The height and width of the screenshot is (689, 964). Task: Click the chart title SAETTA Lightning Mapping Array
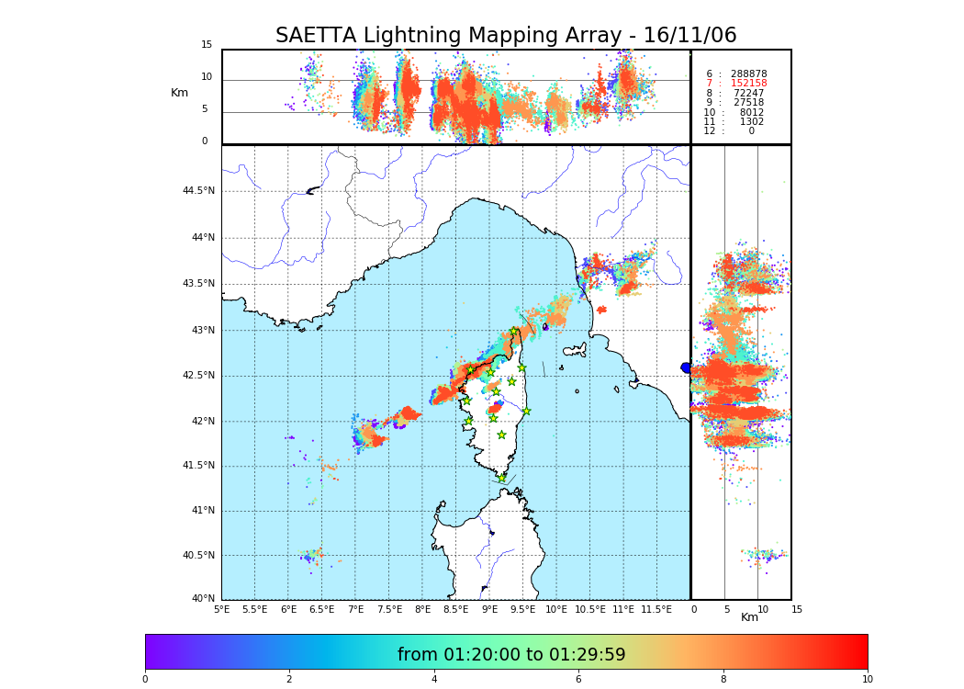pos(506,36)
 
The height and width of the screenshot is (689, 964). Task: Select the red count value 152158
pos(748,84)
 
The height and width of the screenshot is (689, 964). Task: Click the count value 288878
pos(748,74)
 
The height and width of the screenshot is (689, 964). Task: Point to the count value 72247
pos(748,94)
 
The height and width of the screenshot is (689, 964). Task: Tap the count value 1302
pos(751,122)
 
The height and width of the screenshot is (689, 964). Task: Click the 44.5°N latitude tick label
pos(198,191)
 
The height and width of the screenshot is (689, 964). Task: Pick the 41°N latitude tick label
pos(202,511)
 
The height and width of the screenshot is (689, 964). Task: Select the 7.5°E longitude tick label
pos(389,609)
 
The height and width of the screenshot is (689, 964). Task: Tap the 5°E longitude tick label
pos(222,609)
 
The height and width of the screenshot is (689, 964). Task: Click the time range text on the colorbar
pos(511,655)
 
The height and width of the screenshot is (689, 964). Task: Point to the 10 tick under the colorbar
pos(867,680)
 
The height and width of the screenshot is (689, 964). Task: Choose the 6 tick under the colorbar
pos(578,680)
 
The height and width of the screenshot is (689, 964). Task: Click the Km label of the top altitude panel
pos(179,93)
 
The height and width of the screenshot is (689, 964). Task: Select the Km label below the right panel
pos(750,617)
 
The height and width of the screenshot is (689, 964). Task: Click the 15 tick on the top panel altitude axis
pos(207,45)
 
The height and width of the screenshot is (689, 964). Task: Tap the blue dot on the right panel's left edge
pos(686,367)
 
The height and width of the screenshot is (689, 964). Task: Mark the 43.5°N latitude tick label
pos(198,284)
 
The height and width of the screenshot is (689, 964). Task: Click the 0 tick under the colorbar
pos(145,680)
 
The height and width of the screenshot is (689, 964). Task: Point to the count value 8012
pos(751,113)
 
